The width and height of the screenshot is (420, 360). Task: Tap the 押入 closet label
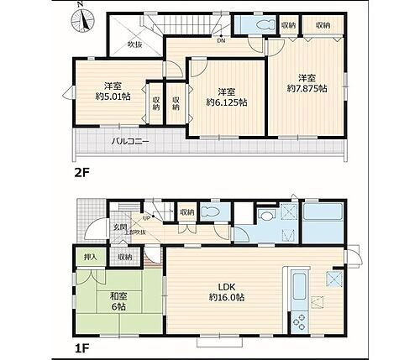pos(89,257)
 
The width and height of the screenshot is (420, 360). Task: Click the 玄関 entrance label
pos(119,227)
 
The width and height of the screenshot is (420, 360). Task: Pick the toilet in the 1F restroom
pos(214,215)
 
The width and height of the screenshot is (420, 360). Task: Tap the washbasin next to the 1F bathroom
pos(268,216)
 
